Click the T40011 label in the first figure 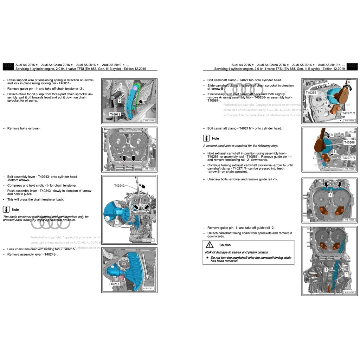115,114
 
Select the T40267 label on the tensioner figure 114,284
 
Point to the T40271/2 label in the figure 349,113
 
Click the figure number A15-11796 149,121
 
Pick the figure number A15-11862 149,169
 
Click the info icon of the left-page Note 6,209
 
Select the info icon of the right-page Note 207,138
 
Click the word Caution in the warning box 225,245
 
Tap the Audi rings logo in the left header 8,65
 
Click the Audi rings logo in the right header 352,65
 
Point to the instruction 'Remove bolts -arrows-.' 24,128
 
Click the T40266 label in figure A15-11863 311,92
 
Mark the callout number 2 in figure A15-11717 326,269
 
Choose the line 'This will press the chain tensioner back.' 36,199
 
